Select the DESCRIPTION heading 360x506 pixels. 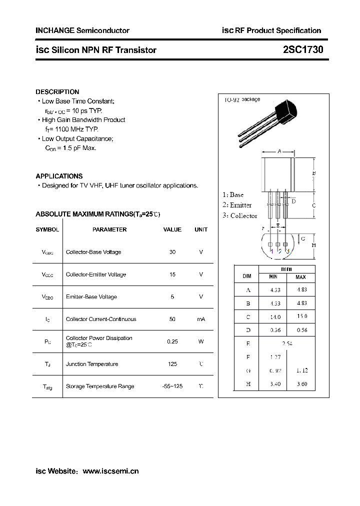(57, 92)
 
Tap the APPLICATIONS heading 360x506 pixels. (59, 176)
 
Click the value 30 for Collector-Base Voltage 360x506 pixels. (172, 252)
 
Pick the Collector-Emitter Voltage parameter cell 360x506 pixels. (96, 274)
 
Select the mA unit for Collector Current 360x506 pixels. (201, 319)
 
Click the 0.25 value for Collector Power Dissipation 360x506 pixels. (172, 341)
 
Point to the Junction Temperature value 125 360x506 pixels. (172, 364)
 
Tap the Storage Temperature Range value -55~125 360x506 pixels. (172, 386)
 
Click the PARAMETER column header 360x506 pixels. (109, 229)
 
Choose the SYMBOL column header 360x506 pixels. (47, 229)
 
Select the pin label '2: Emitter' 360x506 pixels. (237, 205)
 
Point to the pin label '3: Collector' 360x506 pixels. (240, 216)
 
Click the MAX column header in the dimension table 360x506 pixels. (300, 277)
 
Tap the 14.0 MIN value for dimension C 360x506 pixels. (275, 317)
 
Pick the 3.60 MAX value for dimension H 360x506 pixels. (301, 384)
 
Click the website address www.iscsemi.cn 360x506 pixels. (110, 471)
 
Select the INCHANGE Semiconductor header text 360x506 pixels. (82, 30)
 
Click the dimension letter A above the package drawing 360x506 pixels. (279, 150)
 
